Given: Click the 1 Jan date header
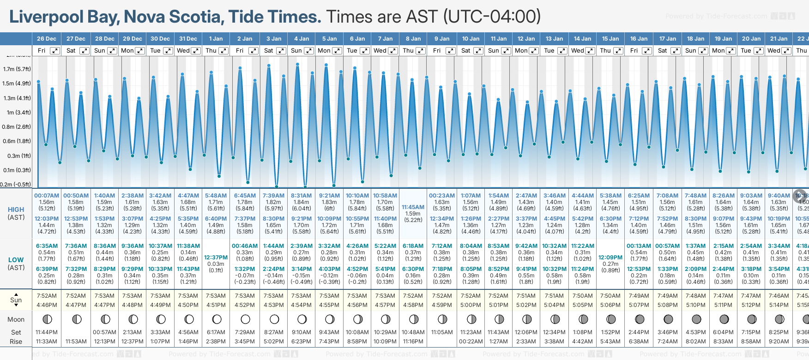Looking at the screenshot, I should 216,39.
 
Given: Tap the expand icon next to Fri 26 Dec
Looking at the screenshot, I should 54,51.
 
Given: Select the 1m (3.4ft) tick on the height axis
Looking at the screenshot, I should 17,112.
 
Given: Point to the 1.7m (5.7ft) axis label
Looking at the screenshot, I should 17,69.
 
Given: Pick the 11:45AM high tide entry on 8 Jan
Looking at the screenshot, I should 413,207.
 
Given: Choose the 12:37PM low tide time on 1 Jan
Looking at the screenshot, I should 216,258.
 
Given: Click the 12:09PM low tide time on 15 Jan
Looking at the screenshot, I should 610,258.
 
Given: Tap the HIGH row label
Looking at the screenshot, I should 16,210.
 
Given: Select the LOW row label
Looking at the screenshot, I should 16,260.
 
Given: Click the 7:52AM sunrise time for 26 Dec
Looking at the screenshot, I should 47,296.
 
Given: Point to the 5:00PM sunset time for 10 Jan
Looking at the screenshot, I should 471,305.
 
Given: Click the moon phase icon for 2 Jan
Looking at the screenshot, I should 245,319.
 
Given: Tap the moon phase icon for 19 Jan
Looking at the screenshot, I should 724,319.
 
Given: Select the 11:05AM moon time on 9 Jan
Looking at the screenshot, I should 442,332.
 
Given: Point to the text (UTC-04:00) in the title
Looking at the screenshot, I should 492,17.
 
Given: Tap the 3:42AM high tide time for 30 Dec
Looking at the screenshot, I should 160,195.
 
